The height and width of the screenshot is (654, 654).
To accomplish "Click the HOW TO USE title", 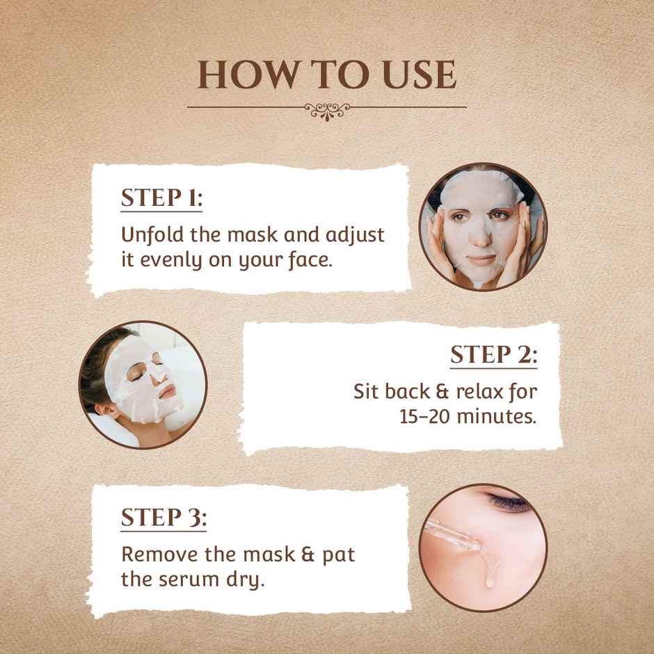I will pos(327,75).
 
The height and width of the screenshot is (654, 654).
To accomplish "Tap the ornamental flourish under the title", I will pos(327,109).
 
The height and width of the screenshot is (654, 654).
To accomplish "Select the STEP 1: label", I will pos(161,198).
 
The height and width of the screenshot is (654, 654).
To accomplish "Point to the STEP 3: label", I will pos(163,518).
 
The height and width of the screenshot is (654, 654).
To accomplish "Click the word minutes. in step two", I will pos(497,417).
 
